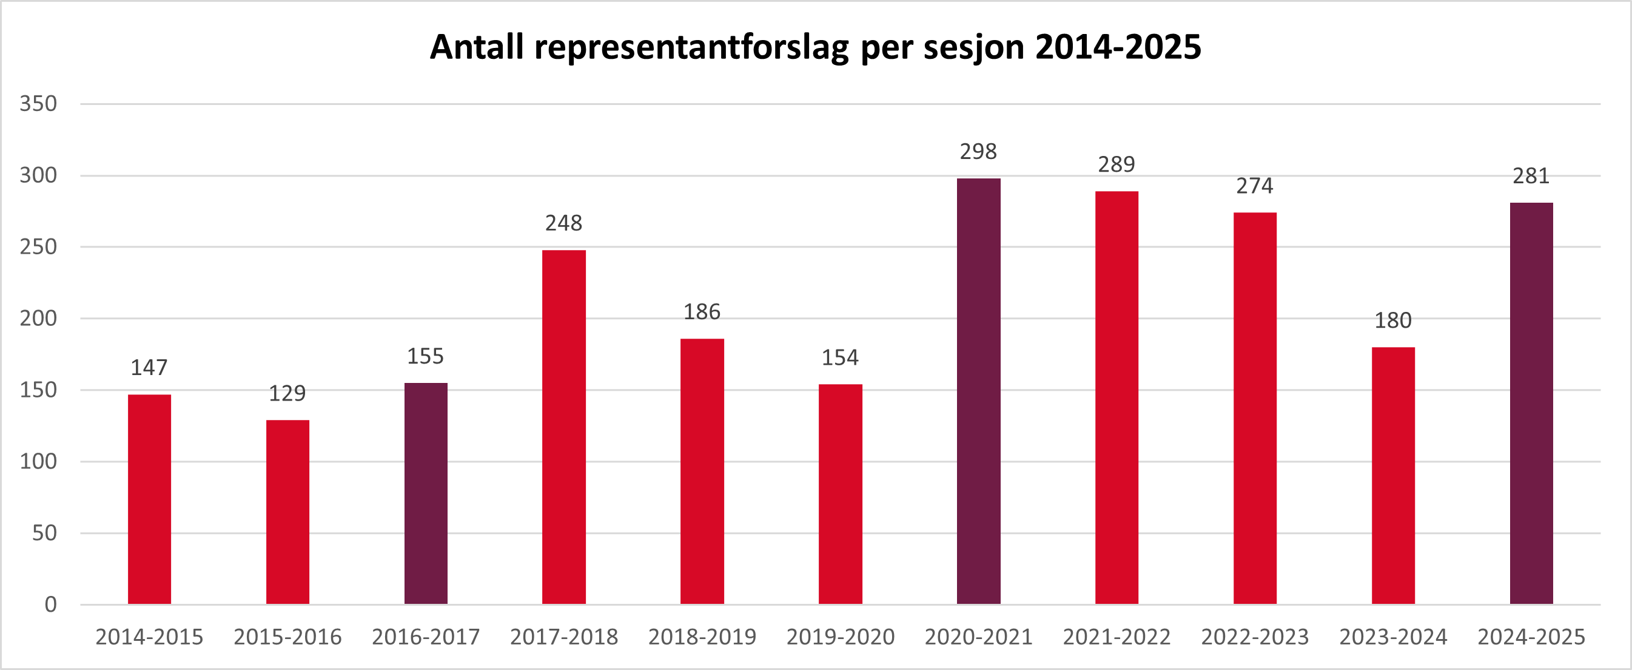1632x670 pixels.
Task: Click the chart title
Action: point(815,47)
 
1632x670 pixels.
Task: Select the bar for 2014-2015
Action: point(150,499)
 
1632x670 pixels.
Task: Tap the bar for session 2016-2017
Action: point(426,493)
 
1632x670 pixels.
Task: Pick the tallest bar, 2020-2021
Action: point(978,391)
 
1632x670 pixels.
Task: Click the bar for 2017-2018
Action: point(564,427)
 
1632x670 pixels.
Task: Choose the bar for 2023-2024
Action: point(1393,475)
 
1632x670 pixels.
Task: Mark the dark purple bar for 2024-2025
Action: point(1531,403)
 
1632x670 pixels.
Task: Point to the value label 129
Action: point(287,394)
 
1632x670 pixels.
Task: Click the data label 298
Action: point(978,152)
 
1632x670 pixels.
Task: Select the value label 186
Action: point(702,312)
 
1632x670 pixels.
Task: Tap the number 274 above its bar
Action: point(1254,186)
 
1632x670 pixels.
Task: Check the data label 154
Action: point(840,357)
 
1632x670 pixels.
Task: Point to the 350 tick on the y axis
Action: point(38,103)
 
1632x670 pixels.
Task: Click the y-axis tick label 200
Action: point(38,318)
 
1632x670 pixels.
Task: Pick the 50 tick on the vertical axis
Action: point(44,533)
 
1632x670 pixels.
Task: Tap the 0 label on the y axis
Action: point(51,604)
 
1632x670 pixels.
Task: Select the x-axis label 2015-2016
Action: point(287,637)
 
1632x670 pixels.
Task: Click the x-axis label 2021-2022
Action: point(1117,637)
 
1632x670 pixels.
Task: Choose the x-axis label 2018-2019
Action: point(702,637)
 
